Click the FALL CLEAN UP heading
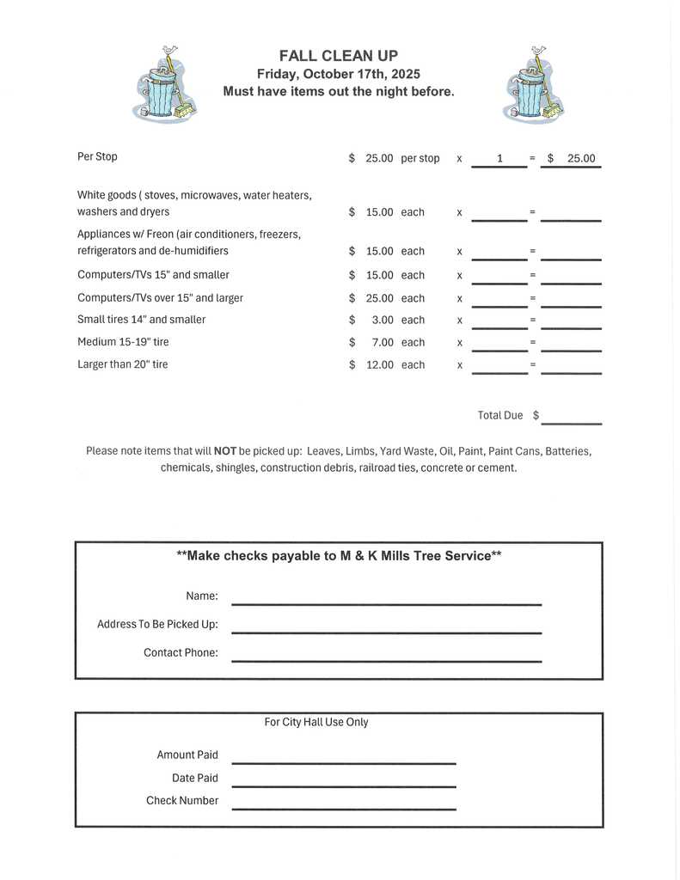tap(338, 56)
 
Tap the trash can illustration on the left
tap(162, 86)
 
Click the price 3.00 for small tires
tap(380, 320)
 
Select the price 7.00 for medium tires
tap(380, 342)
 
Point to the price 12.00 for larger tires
tap(379, 364)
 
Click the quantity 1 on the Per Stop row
tap(499, 159)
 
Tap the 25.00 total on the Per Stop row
tap(581, 159)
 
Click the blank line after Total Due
tap(571, 421)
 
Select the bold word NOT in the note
tap(225, 450)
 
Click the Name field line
tap(386, 602)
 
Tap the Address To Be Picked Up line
tap(386, 631)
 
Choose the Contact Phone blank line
tap(386, 659)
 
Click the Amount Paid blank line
tap(343, 761)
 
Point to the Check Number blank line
tap(343, 807)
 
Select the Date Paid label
tap(194, 778)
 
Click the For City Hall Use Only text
tap(316, 722)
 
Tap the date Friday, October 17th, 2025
tap(338, 74)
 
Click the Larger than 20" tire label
tap(123, 364)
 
